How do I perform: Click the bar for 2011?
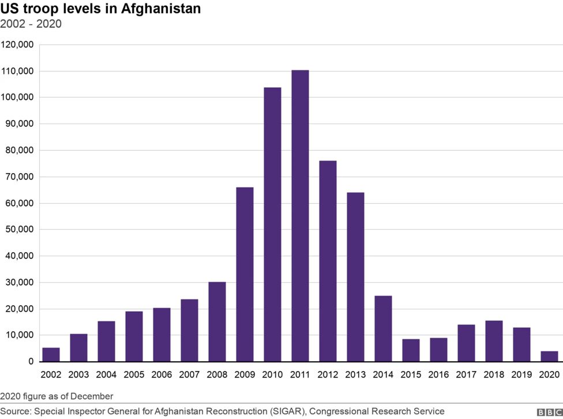[300, 216]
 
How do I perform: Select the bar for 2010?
[272, 225]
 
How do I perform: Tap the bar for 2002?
[51, 354]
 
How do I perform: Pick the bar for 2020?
[549, 356]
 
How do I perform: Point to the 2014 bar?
[383, 328]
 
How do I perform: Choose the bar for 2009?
[245, 274]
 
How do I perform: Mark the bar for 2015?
[411, 350]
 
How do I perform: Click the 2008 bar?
[217, 321]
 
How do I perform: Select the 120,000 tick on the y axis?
[18, 44]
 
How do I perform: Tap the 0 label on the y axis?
[31, 361]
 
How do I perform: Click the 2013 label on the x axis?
[355, 375]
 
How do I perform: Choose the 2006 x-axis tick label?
[162, 375]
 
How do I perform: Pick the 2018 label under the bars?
[494, 375]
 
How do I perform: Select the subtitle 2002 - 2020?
[31, 24]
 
